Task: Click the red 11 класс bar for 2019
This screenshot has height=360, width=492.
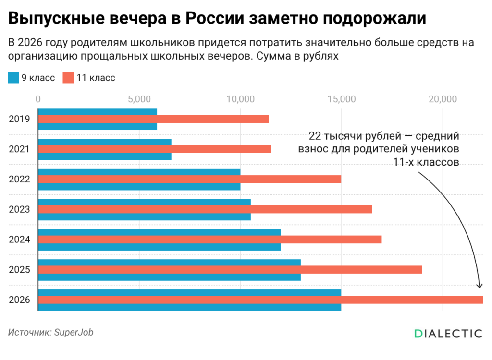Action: pyautogui.click(x=153, y=119)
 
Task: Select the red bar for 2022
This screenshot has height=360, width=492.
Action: pyautogui.click(x=189, y=179)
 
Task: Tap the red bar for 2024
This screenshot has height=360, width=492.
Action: pyautogui.click(x=210, y=239)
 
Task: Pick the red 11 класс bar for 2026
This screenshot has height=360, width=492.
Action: pyautogui.click(x=261, y=300)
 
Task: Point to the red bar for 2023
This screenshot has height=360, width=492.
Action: pyautogui.click(x=205, y=209)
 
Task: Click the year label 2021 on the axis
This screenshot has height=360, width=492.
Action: pyautogui.click(x=19, y=149)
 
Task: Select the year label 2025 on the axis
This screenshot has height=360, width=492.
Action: pyautogui.click(x=19, y=269)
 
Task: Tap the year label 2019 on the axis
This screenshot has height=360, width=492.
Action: pyautogui.click(x=19, y=119)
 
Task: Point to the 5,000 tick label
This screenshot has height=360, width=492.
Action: pyautogui.click(x=139, y=99)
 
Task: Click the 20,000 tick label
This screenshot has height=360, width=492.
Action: pyautogui.click(x=443, y=99)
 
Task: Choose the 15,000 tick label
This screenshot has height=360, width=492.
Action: pyautogui.click(x=342, y=99)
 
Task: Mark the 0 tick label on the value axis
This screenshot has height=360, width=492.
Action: pyautogui.click(x=38, y=99)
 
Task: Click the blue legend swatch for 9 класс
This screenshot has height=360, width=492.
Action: pyautogui.click(x=13, y=78)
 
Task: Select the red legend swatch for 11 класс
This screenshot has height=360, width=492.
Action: pyautogui.click(x=68, y=78)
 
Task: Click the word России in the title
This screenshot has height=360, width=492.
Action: pyautogui.click(x=215, y=18)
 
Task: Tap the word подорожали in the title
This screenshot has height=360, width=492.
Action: pyautogui.click(x=375, y=19)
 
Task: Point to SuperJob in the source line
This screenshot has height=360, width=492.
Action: pyautogui.click(x=74, y=333)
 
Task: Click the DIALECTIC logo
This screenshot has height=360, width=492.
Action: pyautogui.click(x=448, y=334)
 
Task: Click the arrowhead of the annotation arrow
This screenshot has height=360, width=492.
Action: pyautogui.click(x=479, y=286)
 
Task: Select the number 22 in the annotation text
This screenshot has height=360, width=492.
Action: pyautogui.click(x=315, y=136)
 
